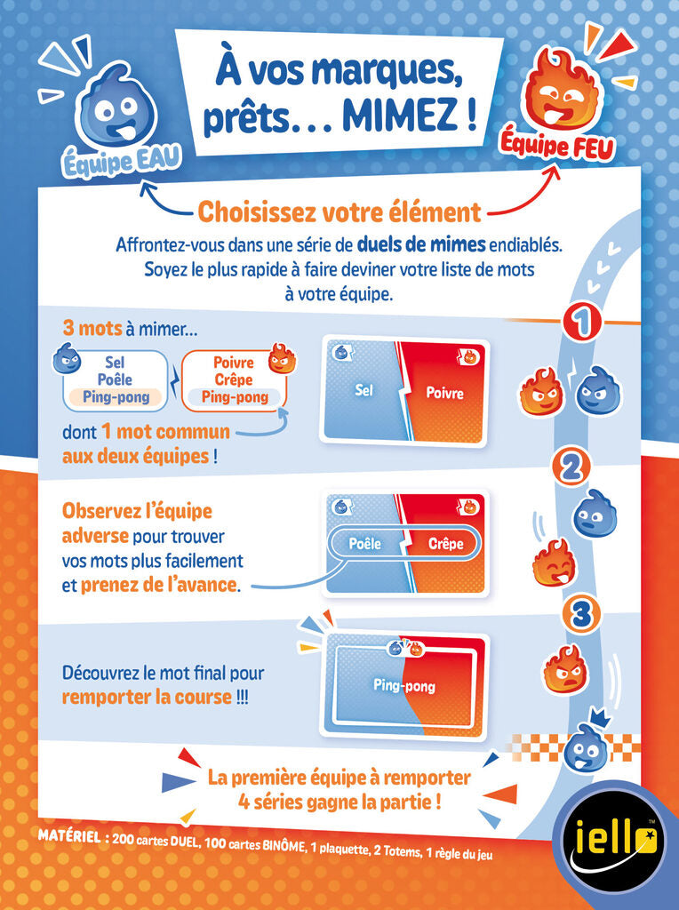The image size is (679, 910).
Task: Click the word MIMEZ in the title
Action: [402, 115]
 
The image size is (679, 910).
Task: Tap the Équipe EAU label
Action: [122, 160]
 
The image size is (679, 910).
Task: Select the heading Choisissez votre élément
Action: [339, 212]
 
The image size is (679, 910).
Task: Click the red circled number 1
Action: [583, 321]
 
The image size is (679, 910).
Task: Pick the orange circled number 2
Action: [571, 467]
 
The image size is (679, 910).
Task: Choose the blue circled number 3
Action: [581, 614]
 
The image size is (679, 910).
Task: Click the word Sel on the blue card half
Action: [363, 390]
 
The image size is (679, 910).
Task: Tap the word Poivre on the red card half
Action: [444, 393]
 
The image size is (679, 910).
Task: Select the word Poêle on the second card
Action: [365, 544]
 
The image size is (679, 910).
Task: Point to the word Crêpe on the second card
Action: [445, 544]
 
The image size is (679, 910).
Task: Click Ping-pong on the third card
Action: [403, 686]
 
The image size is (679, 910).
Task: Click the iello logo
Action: [616, 840]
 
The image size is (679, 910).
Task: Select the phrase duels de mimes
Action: [421, 245]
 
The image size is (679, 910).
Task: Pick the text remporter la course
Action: [147, 697]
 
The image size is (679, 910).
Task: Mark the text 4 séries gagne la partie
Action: [339, 802]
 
